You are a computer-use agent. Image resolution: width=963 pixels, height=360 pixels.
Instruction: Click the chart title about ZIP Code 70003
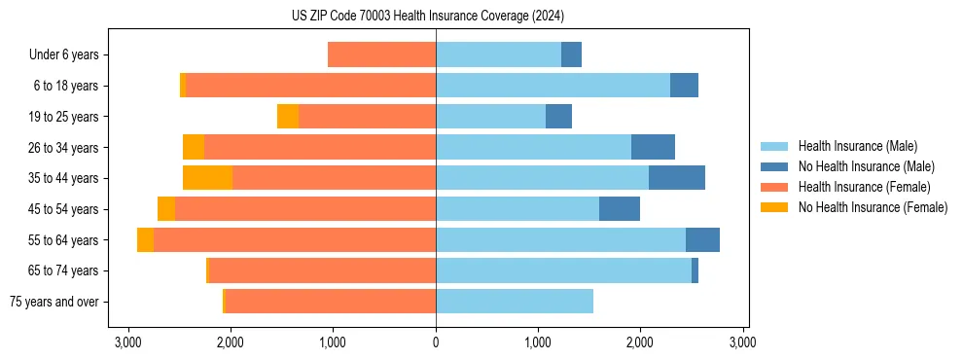(x=427, y=17)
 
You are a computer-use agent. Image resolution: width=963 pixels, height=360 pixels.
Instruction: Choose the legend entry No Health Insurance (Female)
(x=872, y=207)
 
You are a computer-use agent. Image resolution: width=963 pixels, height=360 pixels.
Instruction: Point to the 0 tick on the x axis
(x=436, y=342)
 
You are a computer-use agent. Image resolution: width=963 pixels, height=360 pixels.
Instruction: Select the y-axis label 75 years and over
(x=53, y=302)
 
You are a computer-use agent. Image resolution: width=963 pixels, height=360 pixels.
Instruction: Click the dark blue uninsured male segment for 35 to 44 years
(x=677, y=178)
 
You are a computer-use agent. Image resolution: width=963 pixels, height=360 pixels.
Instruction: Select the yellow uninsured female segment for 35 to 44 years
(x=207, y=178)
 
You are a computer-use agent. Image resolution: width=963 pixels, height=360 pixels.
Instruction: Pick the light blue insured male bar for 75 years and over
(x=515, y=302)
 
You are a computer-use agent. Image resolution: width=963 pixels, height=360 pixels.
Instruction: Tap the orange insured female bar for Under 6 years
(x=381, y=54)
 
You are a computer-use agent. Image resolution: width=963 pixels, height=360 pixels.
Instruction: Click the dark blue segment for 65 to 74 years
(x=695, y=270)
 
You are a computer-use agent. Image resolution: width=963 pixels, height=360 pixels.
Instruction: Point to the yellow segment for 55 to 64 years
(x=145, y=239)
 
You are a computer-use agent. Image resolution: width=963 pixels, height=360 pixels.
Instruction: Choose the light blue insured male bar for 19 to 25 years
(x=490, y=117)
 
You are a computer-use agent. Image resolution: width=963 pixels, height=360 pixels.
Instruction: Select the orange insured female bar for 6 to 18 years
(x=310, y=86)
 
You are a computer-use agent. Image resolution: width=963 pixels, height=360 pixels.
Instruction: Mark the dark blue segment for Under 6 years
(x=571, y=54)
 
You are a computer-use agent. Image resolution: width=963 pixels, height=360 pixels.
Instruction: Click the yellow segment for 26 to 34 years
(x=194, y=147)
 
